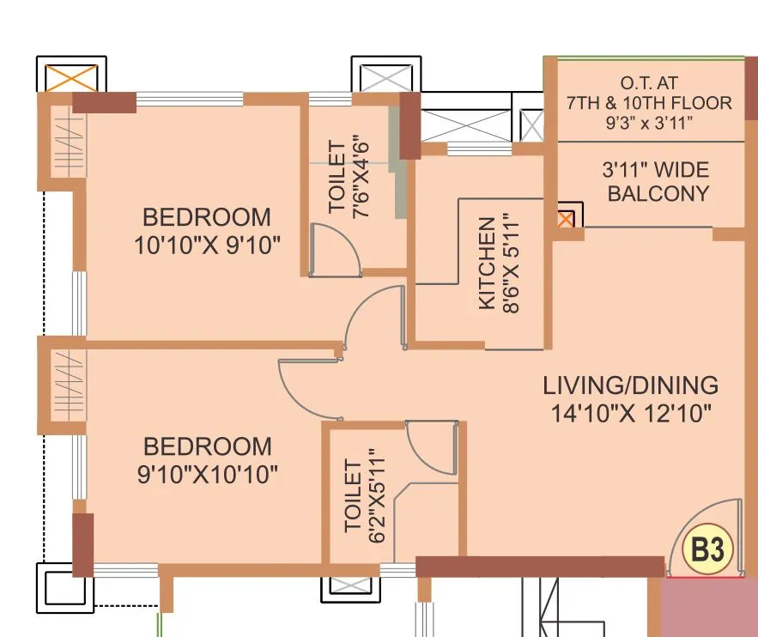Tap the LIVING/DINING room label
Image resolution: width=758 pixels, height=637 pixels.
coord(630,385)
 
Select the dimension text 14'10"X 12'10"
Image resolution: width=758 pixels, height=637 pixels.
coord(631,414)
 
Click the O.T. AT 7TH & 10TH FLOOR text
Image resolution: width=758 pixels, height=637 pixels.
coord(649,94)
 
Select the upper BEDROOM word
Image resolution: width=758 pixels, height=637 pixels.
coord(207,216)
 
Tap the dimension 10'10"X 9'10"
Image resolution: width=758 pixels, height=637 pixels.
coord(208,246)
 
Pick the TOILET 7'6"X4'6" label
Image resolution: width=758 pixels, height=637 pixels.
coord(348,178)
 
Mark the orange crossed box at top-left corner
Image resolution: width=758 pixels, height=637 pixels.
coord(70,78)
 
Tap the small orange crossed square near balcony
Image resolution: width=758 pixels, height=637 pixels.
coord(566,219)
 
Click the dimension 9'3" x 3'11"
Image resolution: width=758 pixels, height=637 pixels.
coord(649,123)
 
